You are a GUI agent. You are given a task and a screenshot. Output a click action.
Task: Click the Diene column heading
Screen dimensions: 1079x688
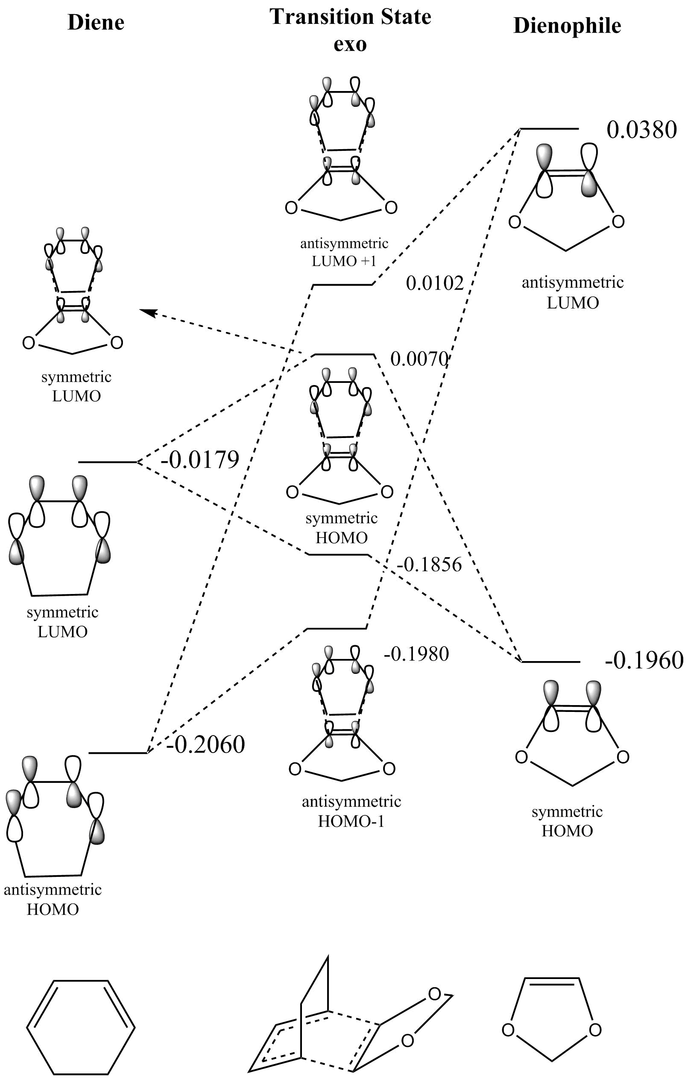tap(96, 22)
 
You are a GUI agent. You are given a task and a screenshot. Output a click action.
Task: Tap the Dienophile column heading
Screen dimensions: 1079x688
tap(567, 25)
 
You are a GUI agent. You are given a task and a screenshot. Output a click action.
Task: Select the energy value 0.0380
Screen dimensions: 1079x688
tap(641, 130)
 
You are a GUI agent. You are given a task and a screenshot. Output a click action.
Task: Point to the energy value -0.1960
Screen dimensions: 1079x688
tap(644, 660)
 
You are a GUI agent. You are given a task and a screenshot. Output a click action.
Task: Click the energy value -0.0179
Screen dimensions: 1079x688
tap(200, 459)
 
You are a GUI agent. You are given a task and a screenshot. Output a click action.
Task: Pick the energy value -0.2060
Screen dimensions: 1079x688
tap(205, 744)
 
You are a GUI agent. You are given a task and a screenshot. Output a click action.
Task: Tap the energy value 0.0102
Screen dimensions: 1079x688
tap(434, 283)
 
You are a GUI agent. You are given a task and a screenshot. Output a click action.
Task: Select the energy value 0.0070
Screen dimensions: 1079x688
tap(419, 359)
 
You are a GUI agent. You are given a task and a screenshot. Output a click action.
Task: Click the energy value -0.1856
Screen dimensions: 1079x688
tap(429, 564)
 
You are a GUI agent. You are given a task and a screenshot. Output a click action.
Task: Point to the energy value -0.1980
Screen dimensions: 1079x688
tap(416, 654)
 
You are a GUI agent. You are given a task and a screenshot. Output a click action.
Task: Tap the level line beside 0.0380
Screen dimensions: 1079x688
tap(549, 129)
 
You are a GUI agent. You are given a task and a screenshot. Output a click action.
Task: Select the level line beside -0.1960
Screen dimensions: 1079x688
tap(551, 662)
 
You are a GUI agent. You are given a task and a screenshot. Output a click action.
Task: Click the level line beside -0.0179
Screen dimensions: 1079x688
tap(108, 462)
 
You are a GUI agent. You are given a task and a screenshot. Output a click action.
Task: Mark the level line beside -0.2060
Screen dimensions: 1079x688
tap(118, 753)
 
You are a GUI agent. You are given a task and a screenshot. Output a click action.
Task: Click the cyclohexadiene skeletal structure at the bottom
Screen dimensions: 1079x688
tap(81, 1024)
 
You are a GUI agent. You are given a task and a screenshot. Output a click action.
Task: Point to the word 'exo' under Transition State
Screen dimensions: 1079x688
tap(350, 44)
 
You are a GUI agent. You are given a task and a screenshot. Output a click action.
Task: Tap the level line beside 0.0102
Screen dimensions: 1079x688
tap(343, 284)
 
